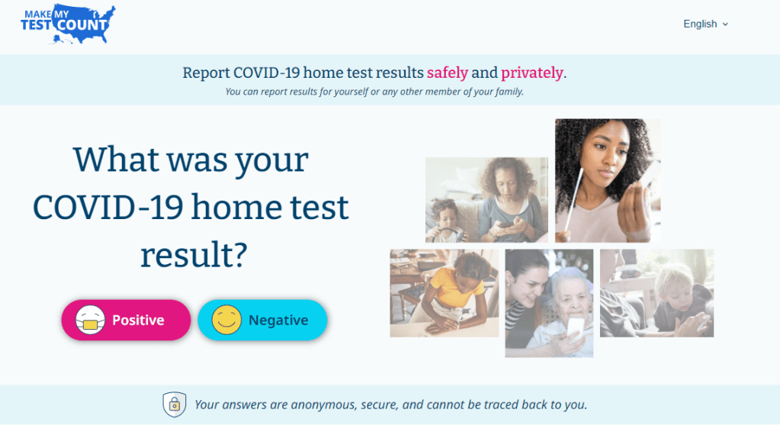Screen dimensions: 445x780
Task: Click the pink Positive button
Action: click(x=126, y=320)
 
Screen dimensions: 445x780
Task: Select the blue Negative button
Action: click(x=262, y=320)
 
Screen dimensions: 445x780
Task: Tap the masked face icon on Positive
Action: click(x=90, y=321)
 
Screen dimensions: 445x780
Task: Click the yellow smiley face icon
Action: click(x=226, y=321)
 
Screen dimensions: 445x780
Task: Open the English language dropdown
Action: click(x=705, y=24)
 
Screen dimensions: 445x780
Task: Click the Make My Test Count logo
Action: click(x=68, y=25)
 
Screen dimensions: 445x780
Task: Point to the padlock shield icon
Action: click(x=175, y=404)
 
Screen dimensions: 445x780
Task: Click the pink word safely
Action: click(x=447, y=73)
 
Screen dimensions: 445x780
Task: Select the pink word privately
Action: click(x=531, y=73)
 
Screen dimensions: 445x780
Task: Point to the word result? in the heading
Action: click(x=194, y=256)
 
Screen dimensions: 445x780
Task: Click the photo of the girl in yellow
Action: click(x=444, y=293)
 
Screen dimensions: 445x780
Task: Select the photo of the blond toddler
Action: click(x=656, y=293)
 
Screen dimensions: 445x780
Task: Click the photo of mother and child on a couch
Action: click(x=486, y=200)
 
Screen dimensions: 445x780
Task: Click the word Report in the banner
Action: click(x=206, y=73)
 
